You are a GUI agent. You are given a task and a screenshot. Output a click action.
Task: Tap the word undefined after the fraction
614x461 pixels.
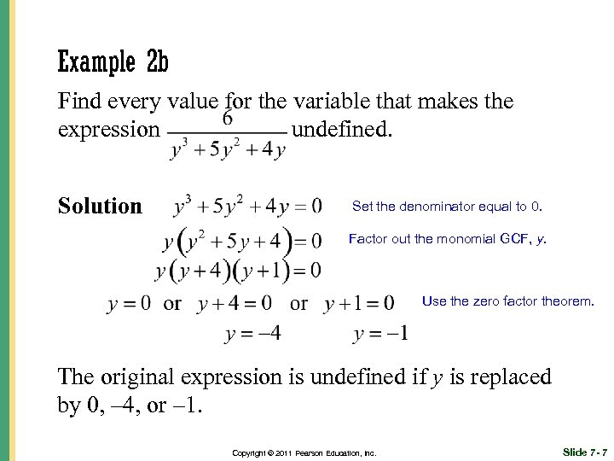(343, 130)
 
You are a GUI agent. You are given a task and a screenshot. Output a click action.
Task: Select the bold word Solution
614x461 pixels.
(100, 206)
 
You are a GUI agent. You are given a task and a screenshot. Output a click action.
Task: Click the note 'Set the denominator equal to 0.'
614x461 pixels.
(447, 207)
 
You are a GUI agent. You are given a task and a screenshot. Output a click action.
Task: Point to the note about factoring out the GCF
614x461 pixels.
(448, 240)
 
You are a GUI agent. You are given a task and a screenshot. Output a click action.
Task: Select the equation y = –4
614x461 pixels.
(252, 333)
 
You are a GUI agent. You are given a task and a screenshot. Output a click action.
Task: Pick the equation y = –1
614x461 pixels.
(380, 333)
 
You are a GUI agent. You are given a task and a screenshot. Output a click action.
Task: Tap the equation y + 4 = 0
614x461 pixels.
(235, 303)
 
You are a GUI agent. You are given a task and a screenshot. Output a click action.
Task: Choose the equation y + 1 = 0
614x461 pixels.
(359, 303)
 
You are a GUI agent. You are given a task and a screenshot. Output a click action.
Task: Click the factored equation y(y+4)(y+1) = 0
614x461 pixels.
(238, 271)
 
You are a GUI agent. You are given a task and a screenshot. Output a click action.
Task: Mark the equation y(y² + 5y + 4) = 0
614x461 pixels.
(243, 242)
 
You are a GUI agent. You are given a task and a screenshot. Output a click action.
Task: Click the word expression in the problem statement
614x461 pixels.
(108, 131)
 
